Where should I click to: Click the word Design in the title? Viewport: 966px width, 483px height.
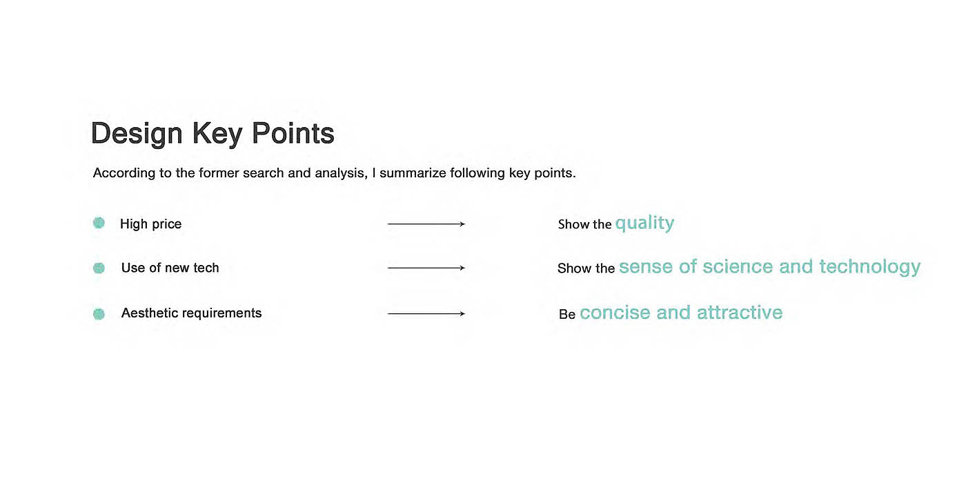pyautogui.click(x=137, y=134)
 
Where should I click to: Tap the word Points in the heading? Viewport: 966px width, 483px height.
pyautogui.click(x=293, y=132)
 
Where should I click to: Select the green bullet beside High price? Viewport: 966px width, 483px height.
pyautogui.click(x=99, y=222)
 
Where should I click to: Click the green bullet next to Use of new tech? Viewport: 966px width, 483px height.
pyautogui.click(x=99, y=268)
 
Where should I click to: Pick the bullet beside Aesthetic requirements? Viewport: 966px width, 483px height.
pyautogui.click(x=99, y=313)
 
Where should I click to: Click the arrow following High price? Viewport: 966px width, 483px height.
pyautogui.click(x=426, y=224)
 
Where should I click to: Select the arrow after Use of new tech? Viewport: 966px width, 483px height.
pyautogui.click(x=426, y=268)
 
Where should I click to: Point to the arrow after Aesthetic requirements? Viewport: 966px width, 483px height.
pyautogui.click(x=426, y=313)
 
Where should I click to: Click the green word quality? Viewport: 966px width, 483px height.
pyautogui.click(x=644, y=224)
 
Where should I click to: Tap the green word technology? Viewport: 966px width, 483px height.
pyautogui.click(x=870, y=268)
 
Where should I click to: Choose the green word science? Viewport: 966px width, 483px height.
pyautogui.click(x=738, y=267)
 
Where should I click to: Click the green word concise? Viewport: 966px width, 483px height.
pyautogui.click(x=615, y=313)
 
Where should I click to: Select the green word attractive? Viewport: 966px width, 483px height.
pyautogui.click(x=740, y=313)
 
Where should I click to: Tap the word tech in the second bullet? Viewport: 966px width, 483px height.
pyautogui.click(x=206, y=268)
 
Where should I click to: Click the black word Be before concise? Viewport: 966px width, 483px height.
pyautogui.click(x=567, y=315)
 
